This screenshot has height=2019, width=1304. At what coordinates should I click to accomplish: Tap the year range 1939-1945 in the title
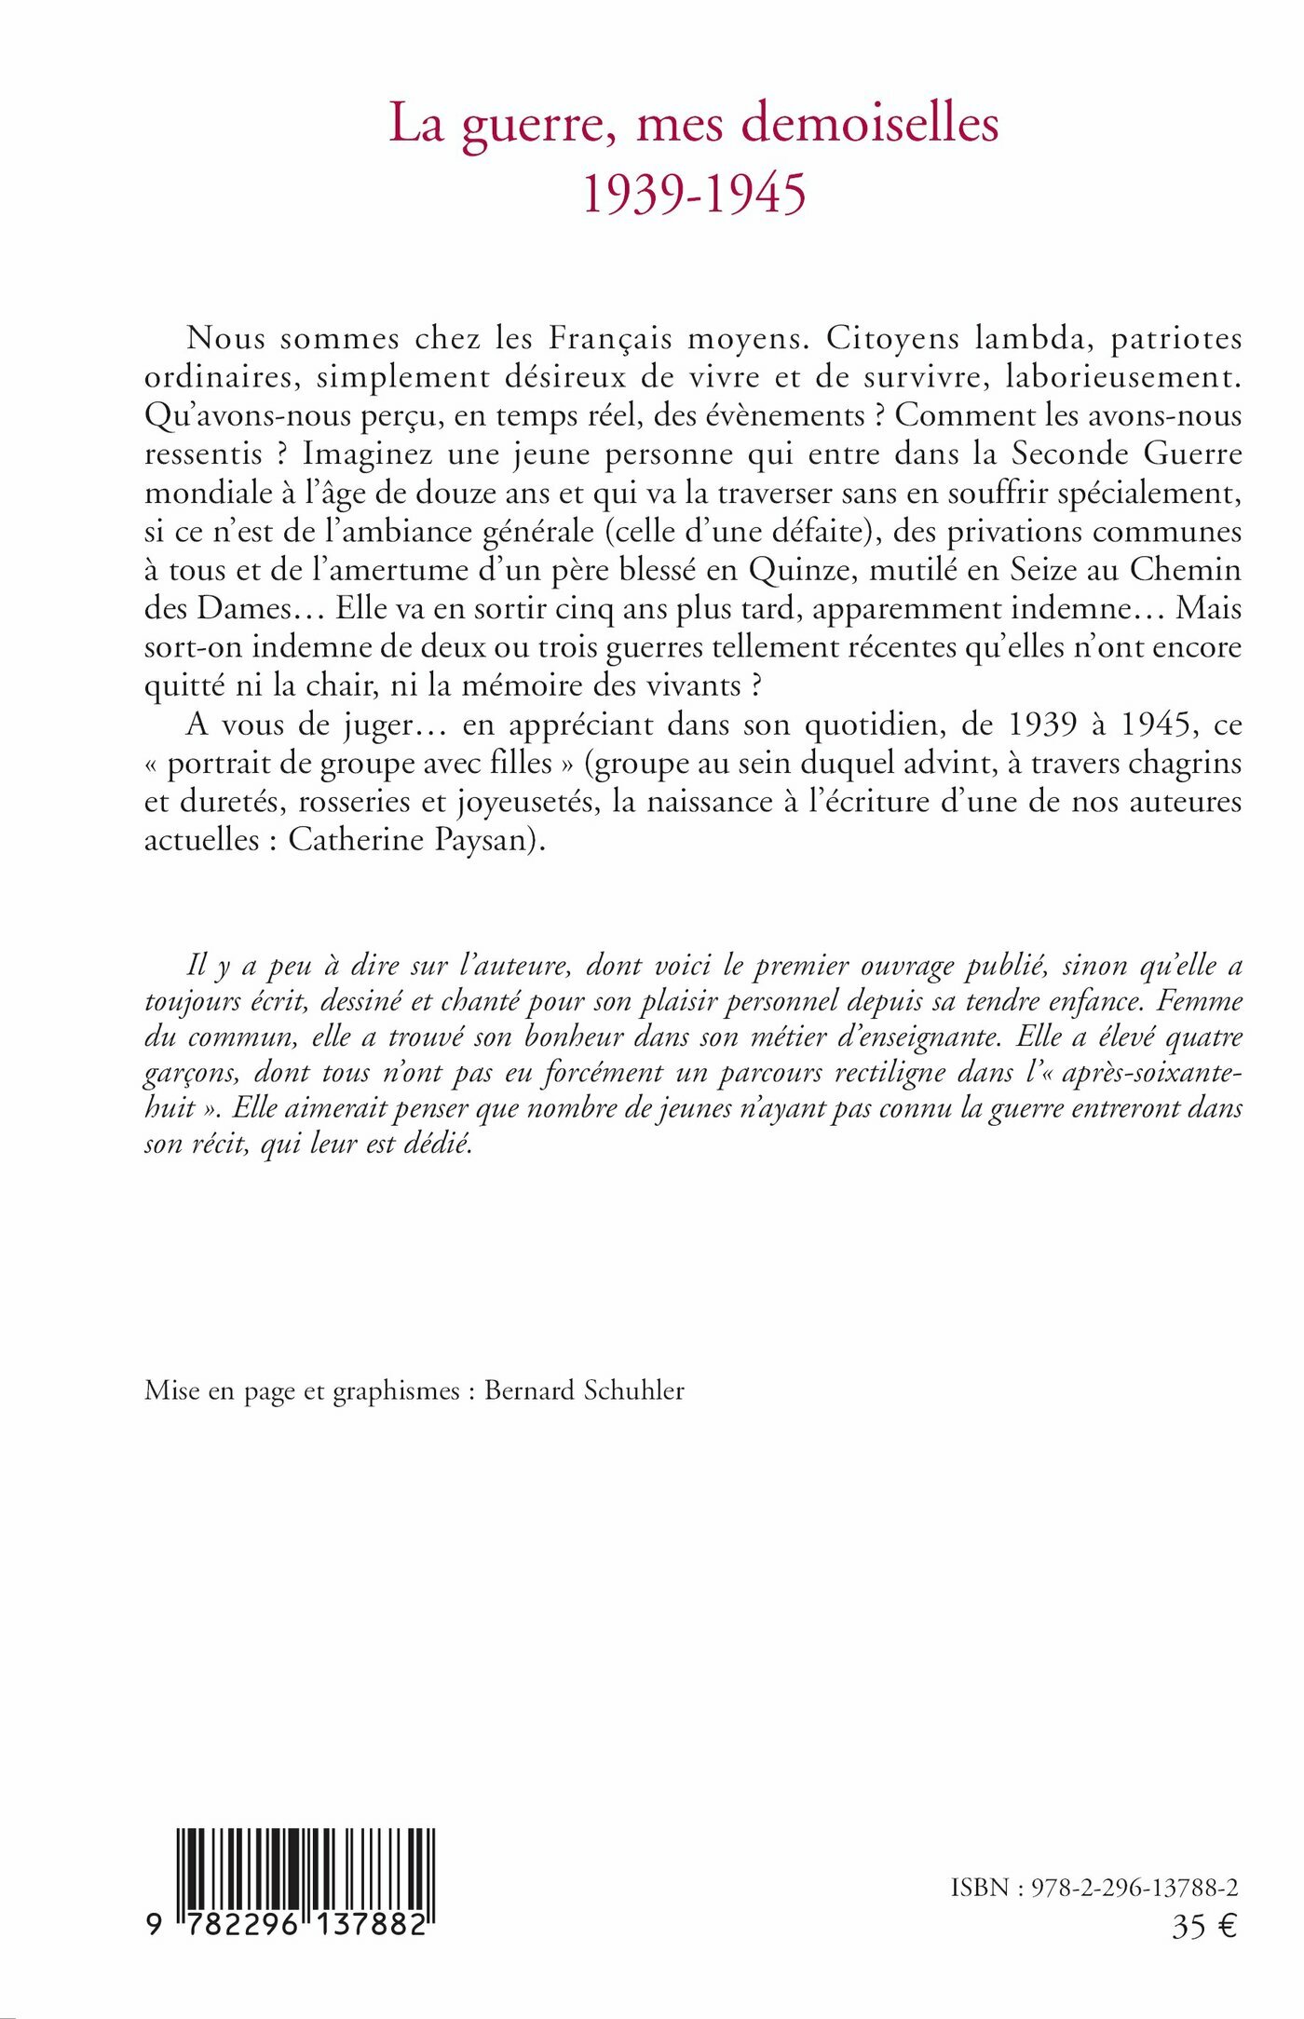pyautogui.click(x=694, y=194)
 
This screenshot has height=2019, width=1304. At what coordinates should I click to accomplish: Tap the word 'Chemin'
pyautogui.click(x=1186, y=569)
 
